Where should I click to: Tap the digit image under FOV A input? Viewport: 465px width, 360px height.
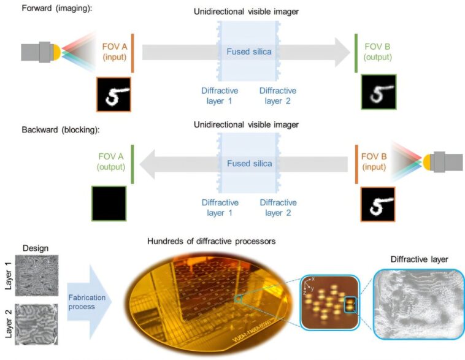pos(113,94)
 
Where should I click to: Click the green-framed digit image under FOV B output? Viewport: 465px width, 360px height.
pos(379,92)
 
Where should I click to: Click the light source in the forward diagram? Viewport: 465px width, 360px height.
pos(40,52)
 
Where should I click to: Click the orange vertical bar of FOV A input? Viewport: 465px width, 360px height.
pos(133,53)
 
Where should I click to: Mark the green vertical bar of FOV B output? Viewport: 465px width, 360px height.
pos(356,53)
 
